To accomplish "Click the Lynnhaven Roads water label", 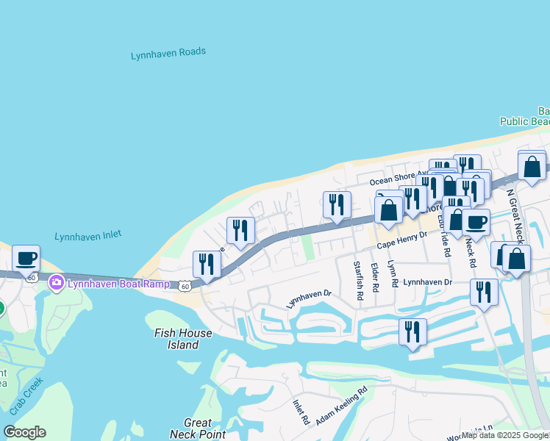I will (168, 54).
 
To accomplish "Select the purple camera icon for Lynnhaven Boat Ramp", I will (56, 282).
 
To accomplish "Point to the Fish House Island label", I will (183, 339).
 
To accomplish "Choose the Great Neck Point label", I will (198, 429).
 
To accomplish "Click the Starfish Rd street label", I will (359, 281).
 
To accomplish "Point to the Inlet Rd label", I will (300, 412).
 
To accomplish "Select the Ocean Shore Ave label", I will (398, 179).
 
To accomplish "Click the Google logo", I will (24, 432).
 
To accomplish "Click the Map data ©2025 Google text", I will (504, 436).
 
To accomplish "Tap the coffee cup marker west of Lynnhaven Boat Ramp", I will (26, 258).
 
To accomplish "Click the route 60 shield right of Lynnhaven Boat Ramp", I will (185, 284).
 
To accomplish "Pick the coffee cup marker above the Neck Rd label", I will (476, 221).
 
